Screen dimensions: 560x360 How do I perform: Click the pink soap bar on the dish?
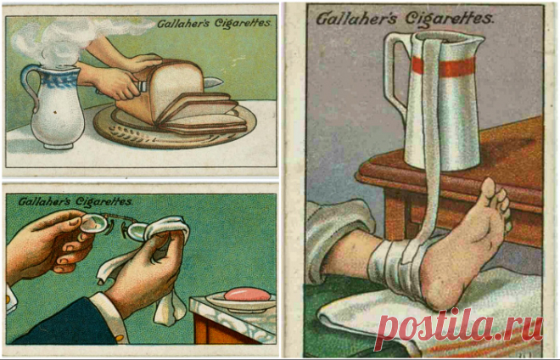pos(247,295)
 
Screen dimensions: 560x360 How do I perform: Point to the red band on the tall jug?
pos(444,66)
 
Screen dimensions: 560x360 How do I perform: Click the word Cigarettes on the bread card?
pos(242,24)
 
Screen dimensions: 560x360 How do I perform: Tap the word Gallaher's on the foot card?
pos(356,18)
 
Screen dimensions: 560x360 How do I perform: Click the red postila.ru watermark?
pos(458,328)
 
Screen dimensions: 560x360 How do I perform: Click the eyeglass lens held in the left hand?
pos(93,224)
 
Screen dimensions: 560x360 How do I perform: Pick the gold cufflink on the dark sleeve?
pos(120,337)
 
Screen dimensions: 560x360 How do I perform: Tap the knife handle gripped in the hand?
pos(141,86)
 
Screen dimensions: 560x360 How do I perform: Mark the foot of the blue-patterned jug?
pos(58,145)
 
